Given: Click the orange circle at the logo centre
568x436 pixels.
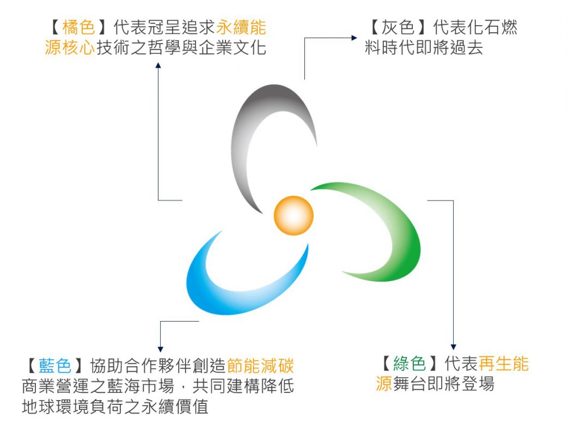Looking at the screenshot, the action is pos(294,216).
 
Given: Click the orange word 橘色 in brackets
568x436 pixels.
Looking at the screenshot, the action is pos(78,27).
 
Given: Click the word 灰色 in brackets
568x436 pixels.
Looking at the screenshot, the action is pos(398,27).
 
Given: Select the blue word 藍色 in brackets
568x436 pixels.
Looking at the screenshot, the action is pos(54,365).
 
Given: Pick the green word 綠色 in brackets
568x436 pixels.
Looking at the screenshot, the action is pos(410,364).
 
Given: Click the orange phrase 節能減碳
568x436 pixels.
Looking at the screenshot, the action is pos(260,365).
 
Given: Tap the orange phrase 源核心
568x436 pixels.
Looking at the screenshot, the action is pos(70,47).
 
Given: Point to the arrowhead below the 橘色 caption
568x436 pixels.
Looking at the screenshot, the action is pos(158,65).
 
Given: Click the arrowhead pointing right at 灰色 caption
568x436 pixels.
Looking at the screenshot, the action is pos(355,38).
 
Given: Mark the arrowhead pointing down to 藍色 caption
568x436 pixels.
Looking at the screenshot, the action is pos(161,349).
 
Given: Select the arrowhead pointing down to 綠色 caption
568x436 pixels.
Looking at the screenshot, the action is pos(453,347).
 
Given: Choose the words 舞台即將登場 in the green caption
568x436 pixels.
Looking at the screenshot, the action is pos(443,384).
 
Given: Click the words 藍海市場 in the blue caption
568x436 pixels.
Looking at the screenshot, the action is pos(141,386).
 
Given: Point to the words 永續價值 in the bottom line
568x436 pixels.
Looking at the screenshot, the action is pos(175,406).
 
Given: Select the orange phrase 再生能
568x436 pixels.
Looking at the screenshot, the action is pos(504,364).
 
